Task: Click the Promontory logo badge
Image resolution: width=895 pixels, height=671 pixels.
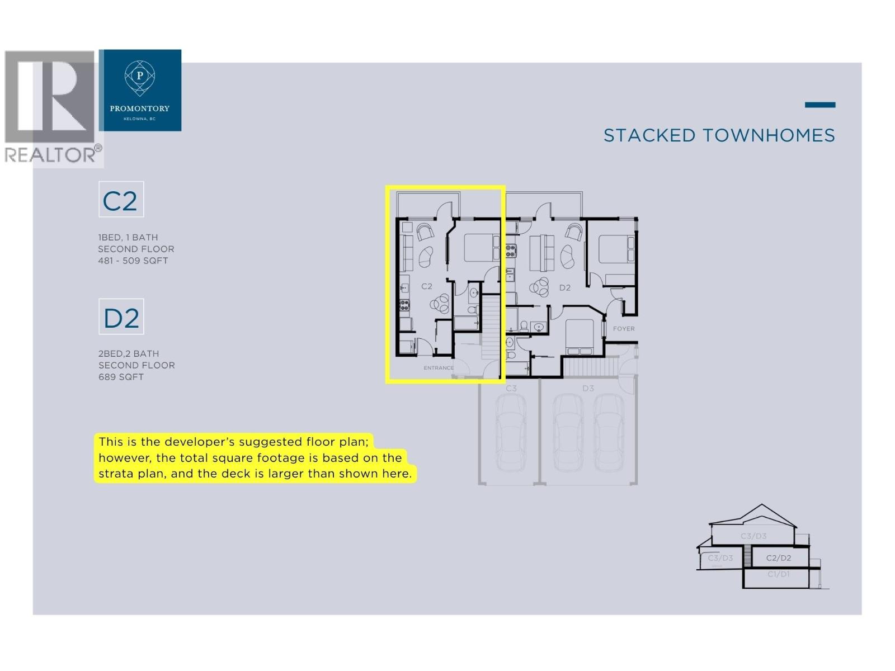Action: click(140, 90)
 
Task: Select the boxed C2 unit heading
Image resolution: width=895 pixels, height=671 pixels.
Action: click(121, 200)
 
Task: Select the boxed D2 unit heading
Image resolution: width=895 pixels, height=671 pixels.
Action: click(121, 317)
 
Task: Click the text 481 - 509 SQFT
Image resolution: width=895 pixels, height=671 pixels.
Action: click(133, 261)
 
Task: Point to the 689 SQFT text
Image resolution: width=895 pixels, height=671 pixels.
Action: click(121, 377)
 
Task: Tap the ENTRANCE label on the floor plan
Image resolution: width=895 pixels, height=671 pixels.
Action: click(439, 368)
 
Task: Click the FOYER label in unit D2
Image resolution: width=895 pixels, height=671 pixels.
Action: click(624, 329)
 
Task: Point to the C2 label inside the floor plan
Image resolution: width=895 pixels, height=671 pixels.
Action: click(427, 286)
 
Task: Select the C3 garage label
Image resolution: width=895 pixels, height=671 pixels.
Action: click(511, 388)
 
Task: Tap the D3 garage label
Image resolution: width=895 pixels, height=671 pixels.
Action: click(588, 388)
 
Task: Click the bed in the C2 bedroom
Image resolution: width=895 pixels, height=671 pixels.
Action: click(482, 248)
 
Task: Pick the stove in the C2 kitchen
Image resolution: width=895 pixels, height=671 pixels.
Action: click(404, 305)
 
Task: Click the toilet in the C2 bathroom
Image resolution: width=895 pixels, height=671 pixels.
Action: click(472, 309)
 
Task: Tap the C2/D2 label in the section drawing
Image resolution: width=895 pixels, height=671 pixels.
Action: click(779, 558)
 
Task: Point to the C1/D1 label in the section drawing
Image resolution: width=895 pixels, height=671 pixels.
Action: click(778, 574)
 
